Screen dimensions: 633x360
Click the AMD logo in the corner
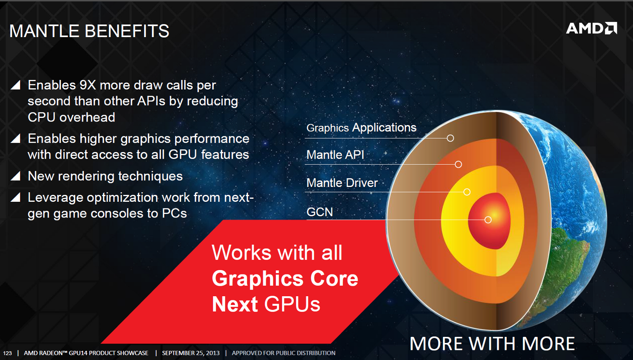point(592,28)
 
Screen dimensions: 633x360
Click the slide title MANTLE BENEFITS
point(89,31)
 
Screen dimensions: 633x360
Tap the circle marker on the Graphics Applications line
point(450,138)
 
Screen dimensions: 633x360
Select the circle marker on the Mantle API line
point(458,164)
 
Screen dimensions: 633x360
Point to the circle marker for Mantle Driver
point(467,192)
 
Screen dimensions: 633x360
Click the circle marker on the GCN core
point(488,220)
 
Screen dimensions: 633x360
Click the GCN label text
point(320,212)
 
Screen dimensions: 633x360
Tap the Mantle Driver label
point(342,183)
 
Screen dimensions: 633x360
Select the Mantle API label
point(335,155)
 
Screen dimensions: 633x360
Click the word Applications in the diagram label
point(384,128)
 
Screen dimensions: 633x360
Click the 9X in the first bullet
point(88,85)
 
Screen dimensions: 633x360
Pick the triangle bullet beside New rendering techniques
point(16,176)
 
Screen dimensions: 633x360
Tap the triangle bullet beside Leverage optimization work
point(16,197)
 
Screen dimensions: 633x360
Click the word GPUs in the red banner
point(292,305)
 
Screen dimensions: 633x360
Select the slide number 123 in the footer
point(7,353)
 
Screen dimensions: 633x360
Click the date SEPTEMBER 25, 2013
point(191,353)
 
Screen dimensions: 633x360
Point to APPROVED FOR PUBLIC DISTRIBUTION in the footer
point(283,353)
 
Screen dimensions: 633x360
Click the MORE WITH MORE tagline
point(492,343)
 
